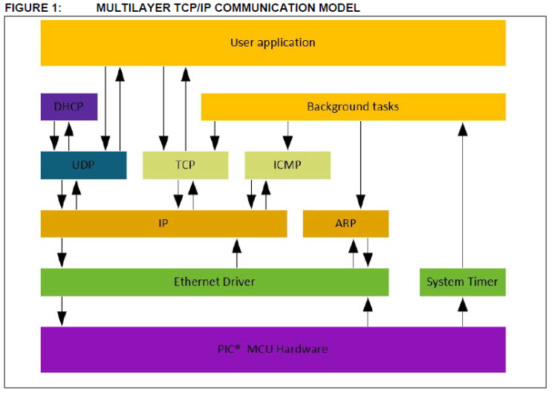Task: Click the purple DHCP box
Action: click(x=68, y=107)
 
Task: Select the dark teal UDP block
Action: click(x=83, y=165)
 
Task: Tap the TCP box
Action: click(x=185, y=165)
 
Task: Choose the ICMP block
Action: click(x=288, y=165)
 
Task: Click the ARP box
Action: click(x=345, y=224)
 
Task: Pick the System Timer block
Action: click(x=462, y=282)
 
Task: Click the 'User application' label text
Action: click(x=273, y=42)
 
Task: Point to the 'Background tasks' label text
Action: click(x=353, y=107)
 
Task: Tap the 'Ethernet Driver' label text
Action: click(x=214, y=282)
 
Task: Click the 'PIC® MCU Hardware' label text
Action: click(x=273, y=349)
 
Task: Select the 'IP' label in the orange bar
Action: click(x=163, y=224)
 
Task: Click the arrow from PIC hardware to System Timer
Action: click(x=462, y=311)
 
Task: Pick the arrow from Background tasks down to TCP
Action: click(x=215, y=136)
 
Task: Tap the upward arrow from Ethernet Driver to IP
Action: click(x=237, y=253)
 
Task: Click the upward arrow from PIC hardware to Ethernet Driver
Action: click(x=367, y=311)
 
